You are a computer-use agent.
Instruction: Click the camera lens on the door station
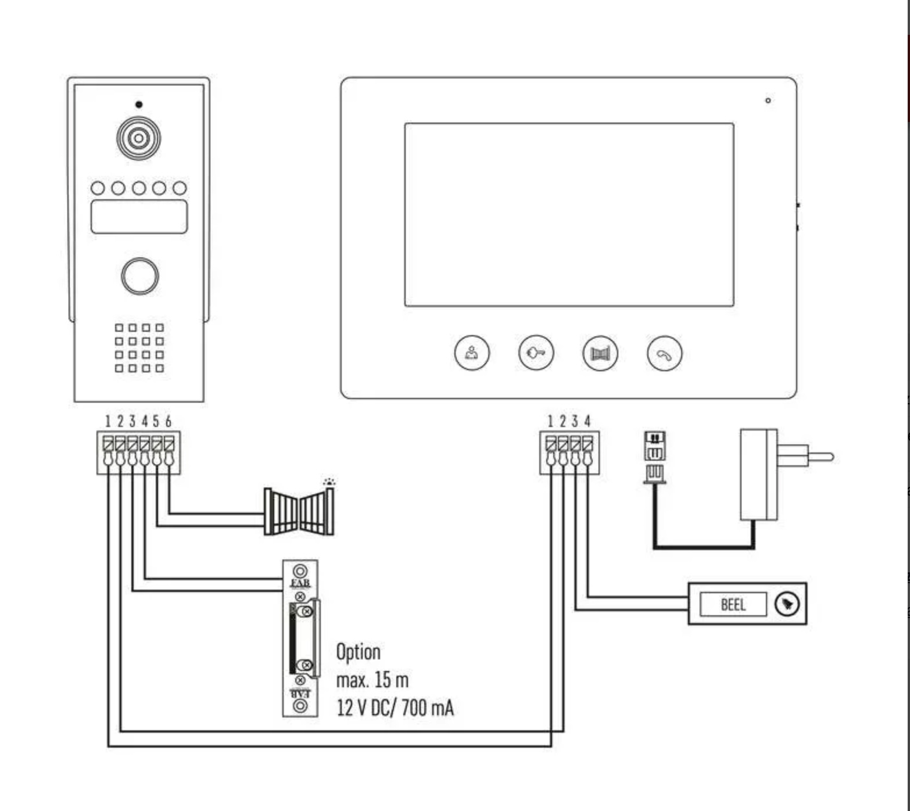(138, 138)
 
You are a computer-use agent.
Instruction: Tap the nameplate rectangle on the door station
(139, 217)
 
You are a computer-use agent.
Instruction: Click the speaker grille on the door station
(139, 347)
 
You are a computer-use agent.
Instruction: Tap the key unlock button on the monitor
(536, 353)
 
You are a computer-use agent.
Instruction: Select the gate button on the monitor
(600, 353)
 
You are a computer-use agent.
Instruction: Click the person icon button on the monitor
(471, 353)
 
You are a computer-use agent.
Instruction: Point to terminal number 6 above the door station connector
(169, 421)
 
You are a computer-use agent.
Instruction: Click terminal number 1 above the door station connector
(108, 421)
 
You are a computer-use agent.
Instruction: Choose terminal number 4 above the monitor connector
(587, 421)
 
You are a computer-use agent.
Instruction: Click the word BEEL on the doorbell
(733, 605)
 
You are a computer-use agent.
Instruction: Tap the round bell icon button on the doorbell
(787, 604)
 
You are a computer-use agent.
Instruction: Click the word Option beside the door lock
(358, 652)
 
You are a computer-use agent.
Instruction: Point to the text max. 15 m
(372, 680)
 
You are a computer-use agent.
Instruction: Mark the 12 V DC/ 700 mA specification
(395, 708)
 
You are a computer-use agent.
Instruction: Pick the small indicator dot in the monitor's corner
(768, 101)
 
